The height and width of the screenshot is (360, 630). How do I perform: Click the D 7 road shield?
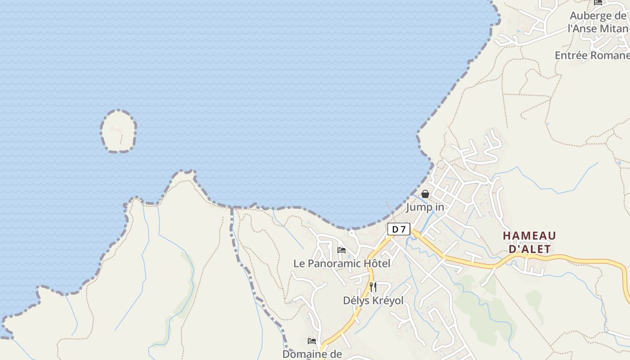coord(399,229)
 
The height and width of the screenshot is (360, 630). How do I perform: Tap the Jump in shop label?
coord(425,207)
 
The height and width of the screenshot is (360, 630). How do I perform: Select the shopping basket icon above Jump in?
coord(425,194)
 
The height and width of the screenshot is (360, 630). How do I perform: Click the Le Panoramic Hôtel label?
coord(342,263)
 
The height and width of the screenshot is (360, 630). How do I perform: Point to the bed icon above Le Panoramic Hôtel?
coord(342,250)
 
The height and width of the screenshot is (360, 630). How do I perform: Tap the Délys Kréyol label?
coord(373,300)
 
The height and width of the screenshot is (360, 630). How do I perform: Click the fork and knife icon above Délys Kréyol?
coord(373,287)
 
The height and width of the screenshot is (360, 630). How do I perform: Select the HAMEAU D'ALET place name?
coord(529,242)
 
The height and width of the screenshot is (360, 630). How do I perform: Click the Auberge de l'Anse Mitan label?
coord(598,22)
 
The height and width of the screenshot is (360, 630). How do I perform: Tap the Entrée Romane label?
coord(592,55)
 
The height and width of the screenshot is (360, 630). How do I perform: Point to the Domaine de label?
coord(312,354)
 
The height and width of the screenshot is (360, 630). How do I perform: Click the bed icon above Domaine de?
coord(312,341)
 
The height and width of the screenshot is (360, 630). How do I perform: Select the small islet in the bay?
coord(118,131)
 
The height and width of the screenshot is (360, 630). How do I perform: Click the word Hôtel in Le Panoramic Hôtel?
coord(377,263)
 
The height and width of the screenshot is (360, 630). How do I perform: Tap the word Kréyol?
coord(388,300)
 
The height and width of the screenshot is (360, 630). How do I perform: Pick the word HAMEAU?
coord(529,236)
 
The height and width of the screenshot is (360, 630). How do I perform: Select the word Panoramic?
coord(335,263)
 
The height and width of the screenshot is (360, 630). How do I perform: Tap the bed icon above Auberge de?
coord(598,2)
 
